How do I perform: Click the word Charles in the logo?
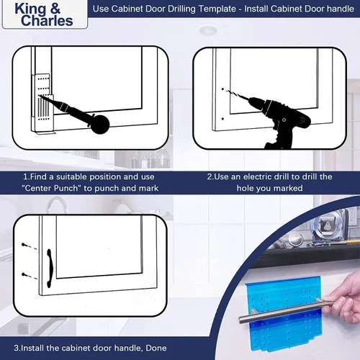(47, 21)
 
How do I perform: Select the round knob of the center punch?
(100, 125)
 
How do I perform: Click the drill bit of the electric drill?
(238, 95)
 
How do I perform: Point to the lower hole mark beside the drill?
(222, 119)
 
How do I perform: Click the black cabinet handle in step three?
(50, 269)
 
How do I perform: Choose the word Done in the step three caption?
(156, 348)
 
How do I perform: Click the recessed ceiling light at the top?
(207, 30)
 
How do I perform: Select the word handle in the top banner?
(341, 9)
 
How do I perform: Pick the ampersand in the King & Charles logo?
(55, 9)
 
